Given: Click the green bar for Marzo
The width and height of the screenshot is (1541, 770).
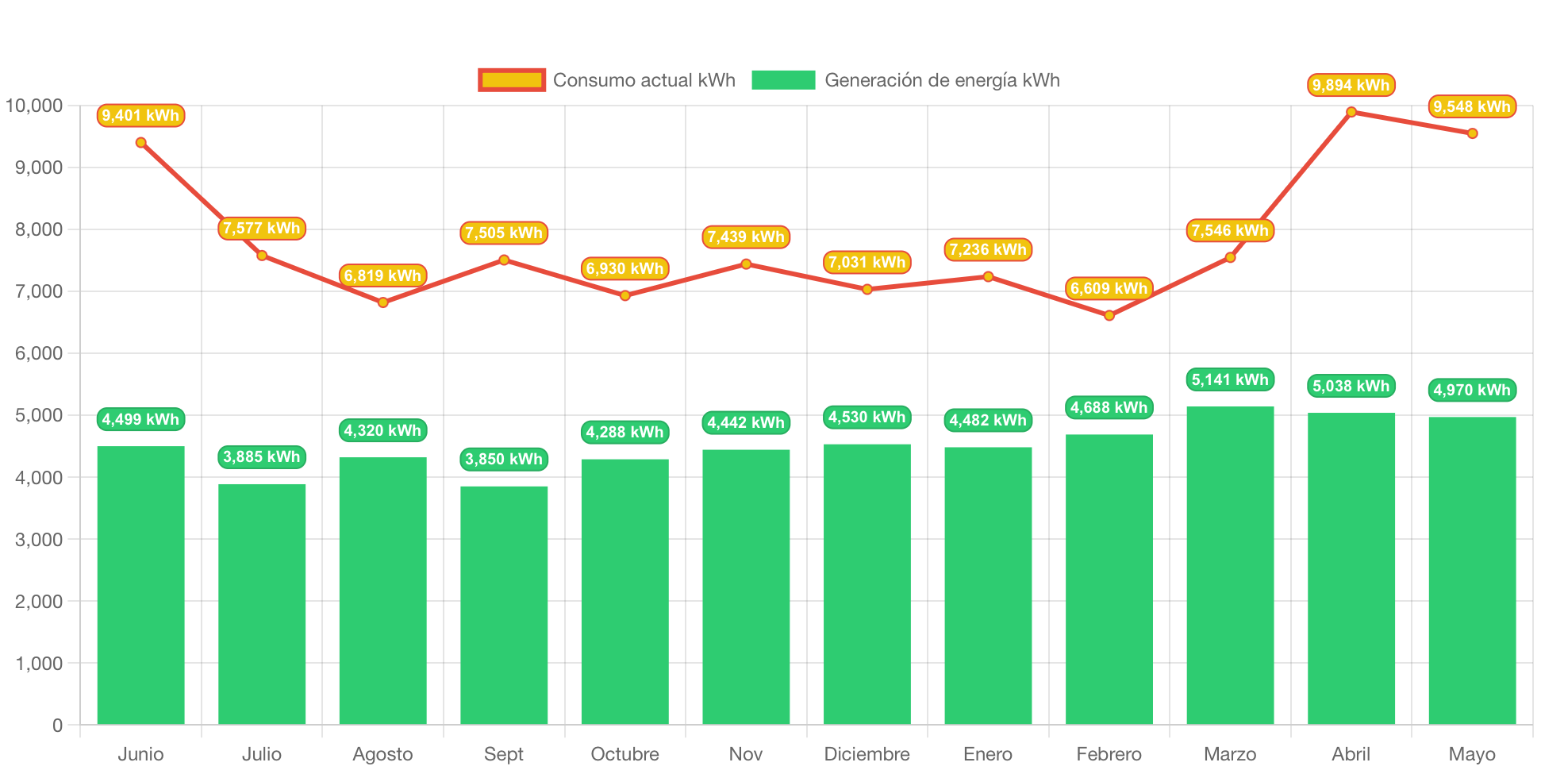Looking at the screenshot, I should tap(1230, 565).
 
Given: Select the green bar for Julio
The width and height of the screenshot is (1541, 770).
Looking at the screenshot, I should tap(262, 603).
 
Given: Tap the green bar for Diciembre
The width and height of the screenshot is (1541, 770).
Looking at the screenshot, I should tap(867, 583).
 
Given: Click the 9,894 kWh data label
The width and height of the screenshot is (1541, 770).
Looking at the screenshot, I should tap(1351, 85).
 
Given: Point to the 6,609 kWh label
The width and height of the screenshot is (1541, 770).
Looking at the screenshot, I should tap(1109, 288).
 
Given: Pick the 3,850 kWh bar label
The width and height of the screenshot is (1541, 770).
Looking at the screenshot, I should tap(504, 459).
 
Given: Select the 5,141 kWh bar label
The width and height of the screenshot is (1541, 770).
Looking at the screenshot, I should tap(1230, 379).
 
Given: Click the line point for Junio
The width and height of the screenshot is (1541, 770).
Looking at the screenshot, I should tap(140, 143).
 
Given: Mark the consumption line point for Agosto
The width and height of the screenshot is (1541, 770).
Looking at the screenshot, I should tap(382, 302).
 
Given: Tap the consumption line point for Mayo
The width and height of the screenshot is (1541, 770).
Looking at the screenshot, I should tap(1472, 133).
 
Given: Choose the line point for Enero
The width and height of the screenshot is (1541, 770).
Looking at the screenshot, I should tap(988, 276).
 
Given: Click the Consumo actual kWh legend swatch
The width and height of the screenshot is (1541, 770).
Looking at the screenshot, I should tap(512, 80).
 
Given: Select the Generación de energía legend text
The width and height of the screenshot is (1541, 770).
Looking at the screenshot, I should tap(942, 80).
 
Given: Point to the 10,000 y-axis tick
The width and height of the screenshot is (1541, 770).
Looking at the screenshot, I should tap(34, 106).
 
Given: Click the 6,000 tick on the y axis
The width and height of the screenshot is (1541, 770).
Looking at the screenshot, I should tap(39, 353).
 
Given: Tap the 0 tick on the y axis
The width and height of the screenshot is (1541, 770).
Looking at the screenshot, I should tap(57, 725).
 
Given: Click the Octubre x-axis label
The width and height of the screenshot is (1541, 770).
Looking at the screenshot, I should tap(624, 753).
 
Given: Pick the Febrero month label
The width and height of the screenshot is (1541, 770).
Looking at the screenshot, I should tap(1109, 753).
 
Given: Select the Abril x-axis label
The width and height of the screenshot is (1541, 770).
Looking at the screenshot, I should tap(1351, 753).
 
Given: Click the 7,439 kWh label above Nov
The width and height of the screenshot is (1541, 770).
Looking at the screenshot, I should tap(746, 237).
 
